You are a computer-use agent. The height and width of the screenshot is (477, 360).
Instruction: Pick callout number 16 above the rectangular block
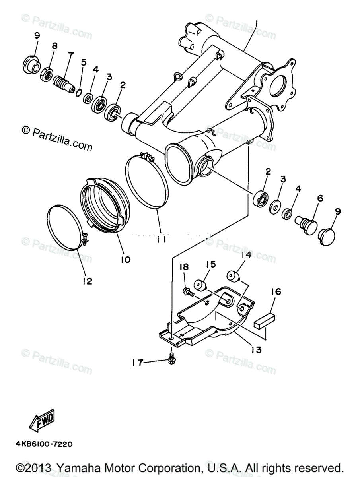(x=276, y=292)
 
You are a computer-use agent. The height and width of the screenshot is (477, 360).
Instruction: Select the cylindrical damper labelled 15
(x=200, y=285)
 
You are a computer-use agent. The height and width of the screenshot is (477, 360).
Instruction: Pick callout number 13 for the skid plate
(x=257, y=349)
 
